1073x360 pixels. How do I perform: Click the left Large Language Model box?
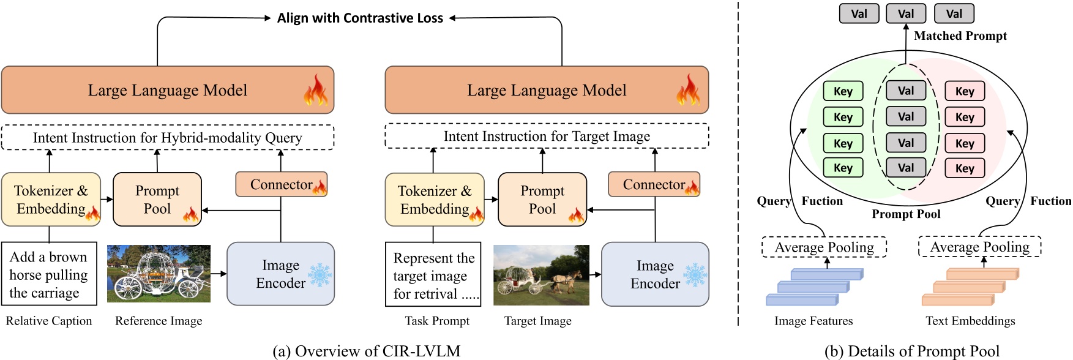point(167,90)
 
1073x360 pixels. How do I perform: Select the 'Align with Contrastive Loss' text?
point(360,18)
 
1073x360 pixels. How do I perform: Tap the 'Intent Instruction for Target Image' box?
point(547,136)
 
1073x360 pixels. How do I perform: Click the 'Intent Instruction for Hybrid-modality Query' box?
point(167,137)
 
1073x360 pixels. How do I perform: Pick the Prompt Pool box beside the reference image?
point(157,200)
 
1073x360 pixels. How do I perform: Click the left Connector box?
point(282,184)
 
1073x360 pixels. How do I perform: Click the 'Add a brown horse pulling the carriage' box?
point(49,274)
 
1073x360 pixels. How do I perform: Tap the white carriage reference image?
point(159,274)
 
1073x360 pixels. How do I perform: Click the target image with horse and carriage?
point(541,275)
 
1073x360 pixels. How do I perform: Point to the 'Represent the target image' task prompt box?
point(433,275)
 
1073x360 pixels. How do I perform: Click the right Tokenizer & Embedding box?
point(434,200)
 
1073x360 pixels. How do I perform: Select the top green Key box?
point(843,91)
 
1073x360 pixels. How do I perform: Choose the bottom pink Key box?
point(965,168)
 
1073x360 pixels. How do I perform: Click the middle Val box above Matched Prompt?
point(906,13)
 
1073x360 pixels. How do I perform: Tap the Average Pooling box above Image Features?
point(824,247)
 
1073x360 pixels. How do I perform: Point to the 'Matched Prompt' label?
point(960,36)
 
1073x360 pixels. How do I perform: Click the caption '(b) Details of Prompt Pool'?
point(911,351)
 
